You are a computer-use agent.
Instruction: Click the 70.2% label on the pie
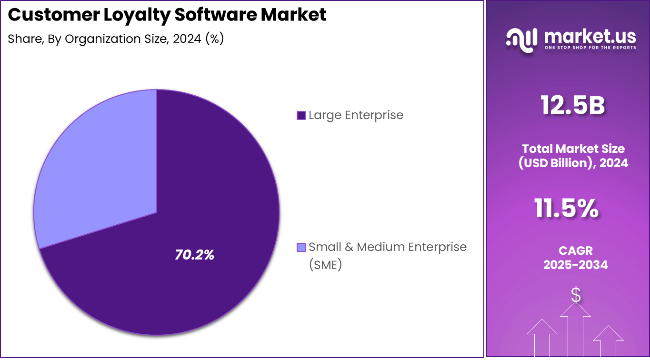point(194,255)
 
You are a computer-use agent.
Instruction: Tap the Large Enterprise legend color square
point(300,115)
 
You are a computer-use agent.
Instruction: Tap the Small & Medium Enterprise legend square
point(300,247)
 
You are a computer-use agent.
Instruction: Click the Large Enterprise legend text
point(356,115)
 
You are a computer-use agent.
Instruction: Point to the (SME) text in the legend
point(325,265)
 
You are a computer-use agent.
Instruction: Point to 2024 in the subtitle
point(187,39)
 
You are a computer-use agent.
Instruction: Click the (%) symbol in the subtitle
point(214,39)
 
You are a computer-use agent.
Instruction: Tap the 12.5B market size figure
point(573,105)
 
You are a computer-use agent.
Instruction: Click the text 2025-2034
point(575,265)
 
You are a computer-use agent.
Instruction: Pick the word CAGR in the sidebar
point(575,250)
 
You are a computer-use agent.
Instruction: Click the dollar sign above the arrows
point(576,295)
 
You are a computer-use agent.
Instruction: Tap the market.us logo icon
point(521,39)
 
